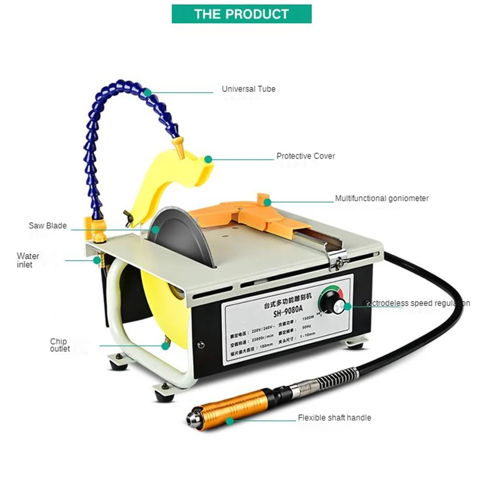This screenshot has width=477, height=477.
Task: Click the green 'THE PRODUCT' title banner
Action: coord(241,14)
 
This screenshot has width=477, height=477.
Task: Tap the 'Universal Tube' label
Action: coord(249,89)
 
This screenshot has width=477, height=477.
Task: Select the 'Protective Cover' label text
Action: coord(305,156)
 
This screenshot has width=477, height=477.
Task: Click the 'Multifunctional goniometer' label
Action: coord(382,199)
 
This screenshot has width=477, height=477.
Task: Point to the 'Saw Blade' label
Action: coord(48,226)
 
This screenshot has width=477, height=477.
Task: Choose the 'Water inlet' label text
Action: coord(28,260)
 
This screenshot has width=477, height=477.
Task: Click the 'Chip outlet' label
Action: coord(60,345)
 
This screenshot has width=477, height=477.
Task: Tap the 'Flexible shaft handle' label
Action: coord(334,418)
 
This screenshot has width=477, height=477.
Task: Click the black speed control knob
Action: coord(339,307)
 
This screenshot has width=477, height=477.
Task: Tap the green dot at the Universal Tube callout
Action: coord(147,92)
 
